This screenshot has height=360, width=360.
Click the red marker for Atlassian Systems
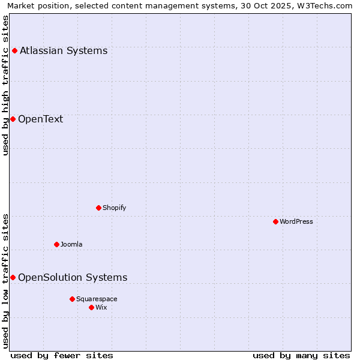tap(14, 50)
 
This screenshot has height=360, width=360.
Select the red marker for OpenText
tap(13, 119)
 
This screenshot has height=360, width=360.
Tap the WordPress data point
tap(275, 221)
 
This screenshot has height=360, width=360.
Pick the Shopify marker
tap(98, 208)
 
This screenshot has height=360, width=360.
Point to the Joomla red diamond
tap(56, 244)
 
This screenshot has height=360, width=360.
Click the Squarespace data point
tap(72, 299)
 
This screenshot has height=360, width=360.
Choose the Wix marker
tap(91, 307)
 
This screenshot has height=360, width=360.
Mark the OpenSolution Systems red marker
tap(13, 277)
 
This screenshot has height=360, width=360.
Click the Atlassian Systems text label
tap(64, 50)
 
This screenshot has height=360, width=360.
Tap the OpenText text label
tap(40, 119)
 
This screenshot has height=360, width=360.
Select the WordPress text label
tap(296, 221)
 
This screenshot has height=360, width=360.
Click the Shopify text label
tap(114, 208)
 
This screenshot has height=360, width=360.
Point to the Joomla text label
tap(71, 244)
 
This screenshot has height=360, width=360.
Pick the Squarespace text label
tap(97, 299)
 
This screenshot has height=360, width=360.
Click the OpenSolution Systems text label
tap(73, 277)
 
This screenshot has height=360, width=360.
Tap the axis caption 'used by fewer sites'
tap(62, 355)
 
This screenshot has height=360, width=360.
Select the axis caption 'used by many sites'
tap(301, 355)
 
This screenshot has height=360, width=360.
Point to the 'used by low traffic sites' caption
tap(6, 281)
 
